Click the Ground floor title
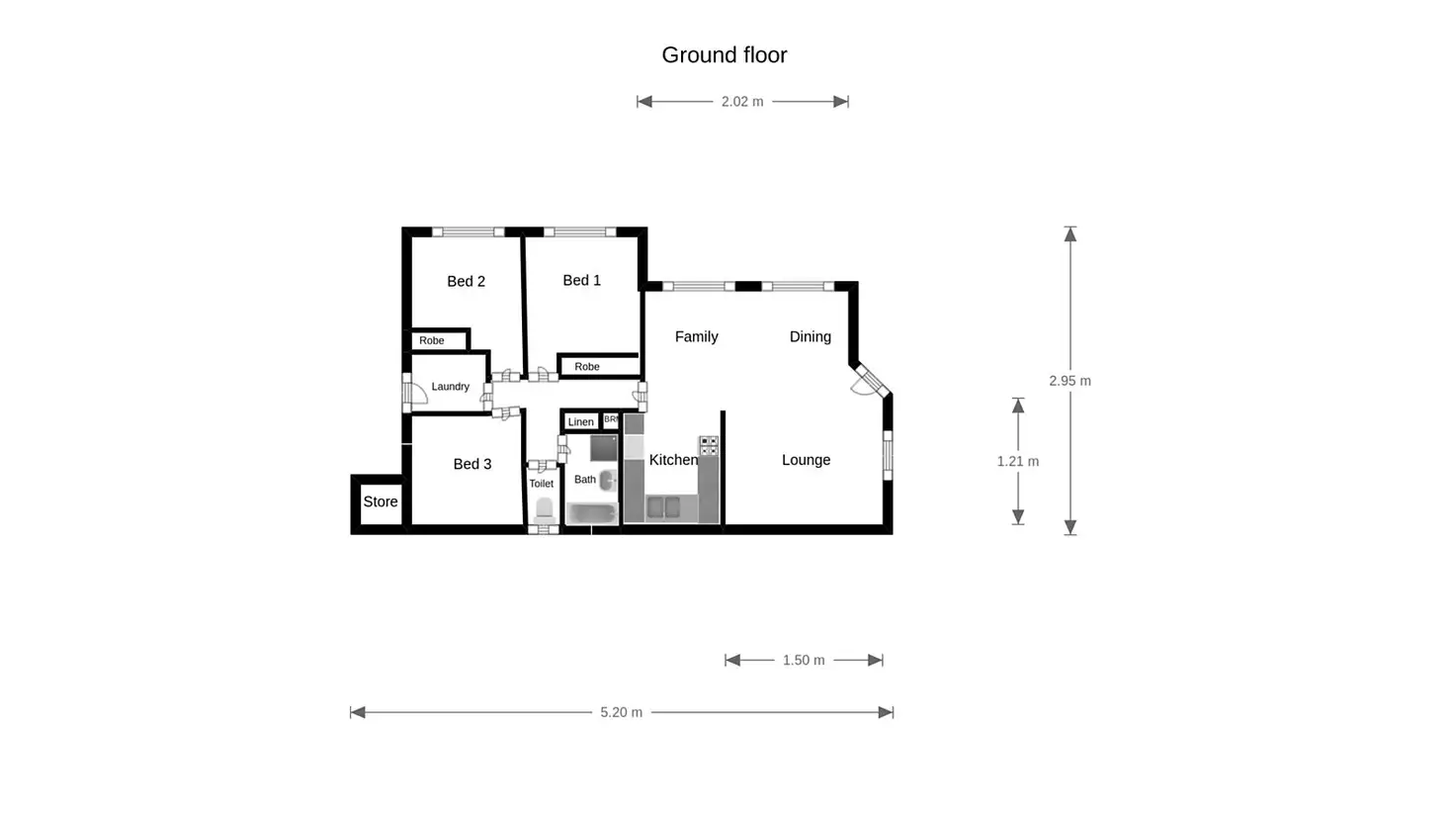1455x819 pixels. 725,55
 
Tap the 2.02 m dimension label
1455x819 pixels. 742,102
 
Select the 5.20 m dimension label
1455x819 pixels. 621,712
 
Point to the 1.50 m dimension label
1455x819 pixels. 804,661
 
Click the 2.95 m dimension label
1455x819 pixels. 1070,381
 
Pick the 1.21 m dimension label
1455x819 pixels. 1018,462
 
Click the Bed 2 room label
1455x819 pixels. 466,282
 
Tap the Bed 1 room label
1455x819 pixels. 581,280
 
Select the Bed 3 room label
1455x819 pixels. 472,464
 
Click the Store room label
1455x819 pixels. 380,501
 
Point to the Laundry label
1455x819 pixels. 450,387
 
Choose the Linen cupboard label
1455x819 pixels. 580,421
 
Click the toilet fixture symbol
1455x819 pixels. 544,510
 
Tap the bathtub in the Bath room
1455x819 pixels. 592,513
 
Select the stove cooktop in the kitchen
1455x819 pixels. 709,446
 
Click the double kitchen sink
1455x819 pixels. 664,507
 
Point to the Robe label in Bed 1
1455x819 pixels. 586,367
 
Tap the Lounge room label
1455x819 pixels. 807,460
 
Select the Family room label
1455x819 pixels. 696,336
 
